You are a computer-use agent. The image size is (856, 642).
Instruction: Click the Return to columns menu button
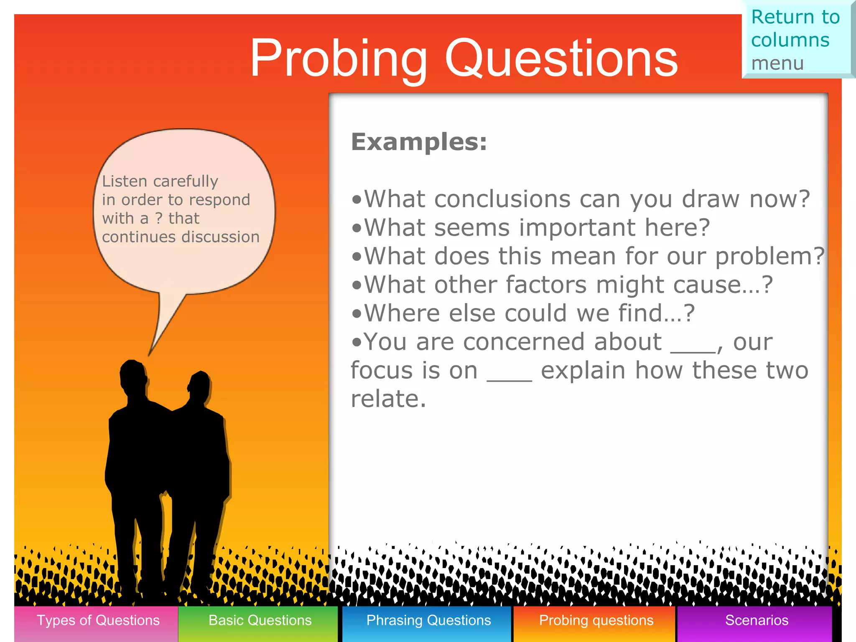point(796,40)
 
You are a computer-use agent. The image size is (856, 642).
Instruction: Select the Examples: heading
point(419,142)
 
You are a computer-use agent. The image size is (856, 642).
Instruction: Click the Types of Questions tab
point(98,621)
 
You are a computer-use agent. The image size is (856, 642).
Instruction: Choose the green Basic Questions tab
point(260,621)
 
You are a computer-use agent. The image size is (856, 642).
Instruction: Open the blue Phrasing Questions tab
point(428,621)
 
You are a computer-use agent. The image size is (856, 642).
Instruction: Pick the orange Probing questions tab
point(596,621)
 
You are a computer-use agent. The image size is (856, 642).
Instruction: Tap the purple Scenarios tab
point(756,621)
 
